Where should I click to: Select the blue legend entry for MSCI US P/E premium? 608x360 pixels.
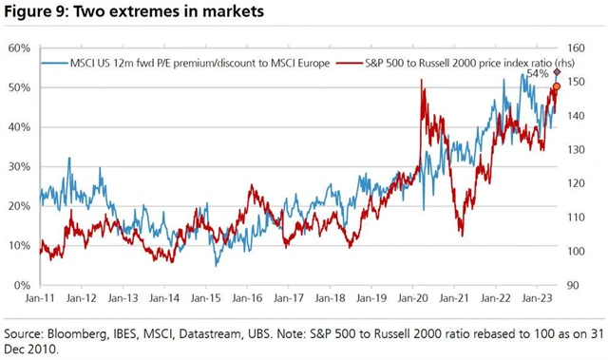click(185, 64)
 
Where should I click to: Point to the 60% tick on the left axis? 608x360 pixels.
click(20, 47)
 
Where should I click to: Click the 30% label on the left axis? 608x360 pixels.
click(20, 166)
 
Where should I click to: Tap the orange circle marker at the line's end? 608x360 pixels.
click(556, 86)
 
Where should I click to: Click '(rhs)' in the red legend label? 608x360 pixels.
click(537, 64)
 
